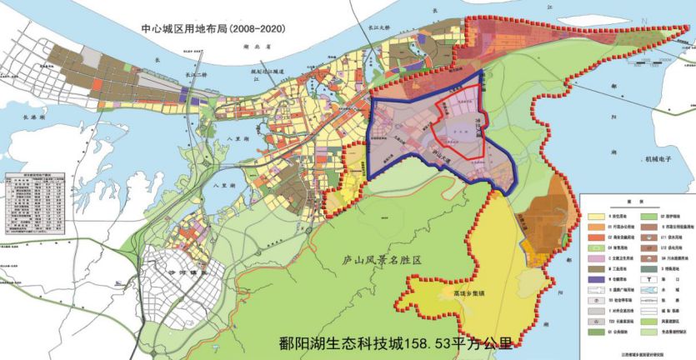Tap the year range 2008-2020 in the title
point(258,28)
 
